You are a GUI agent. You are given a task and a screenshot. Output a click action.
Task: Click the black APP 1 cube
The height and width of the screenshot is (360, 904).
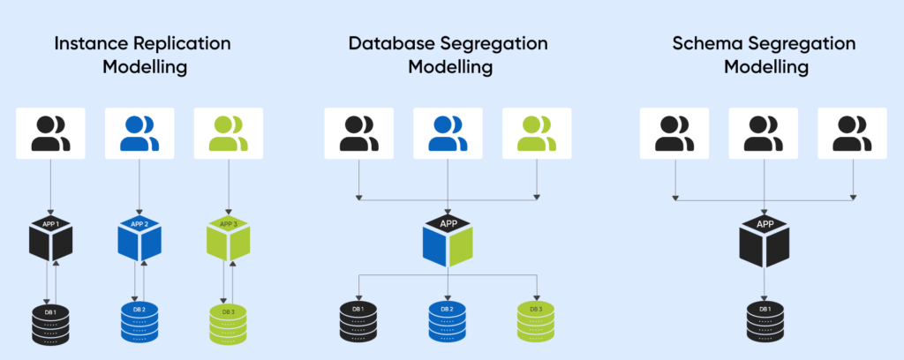[x=50, y=240]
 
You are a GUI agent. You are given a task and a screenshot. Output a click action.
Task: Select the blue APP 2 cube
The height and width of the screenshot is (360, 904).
[x=139, y=240]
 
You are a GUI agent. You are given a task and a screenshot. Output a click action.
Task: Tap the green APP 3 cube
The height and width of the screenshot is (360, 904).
[x=229, y=240]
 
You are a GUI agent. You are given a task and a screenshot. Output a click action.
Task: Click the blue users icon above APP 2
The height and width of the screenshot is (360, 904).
[x=139, y=133]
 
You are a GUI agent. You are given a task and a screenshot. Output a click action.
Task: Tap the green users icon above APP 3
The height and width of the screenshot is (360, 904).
[x=229, y=133]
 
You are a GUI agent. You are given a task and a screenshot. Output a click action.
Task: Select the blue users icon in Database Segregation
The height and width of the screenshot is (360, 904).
[x=448, y=133]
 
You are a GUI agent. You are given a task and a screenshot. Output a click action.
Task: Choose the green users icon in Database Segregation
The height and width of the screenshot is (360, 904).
[x=536, y=133]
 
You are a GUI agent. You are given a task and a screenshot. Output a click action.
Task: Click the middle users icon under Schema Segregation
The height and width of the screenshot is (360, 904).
[x=763, y=133]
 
